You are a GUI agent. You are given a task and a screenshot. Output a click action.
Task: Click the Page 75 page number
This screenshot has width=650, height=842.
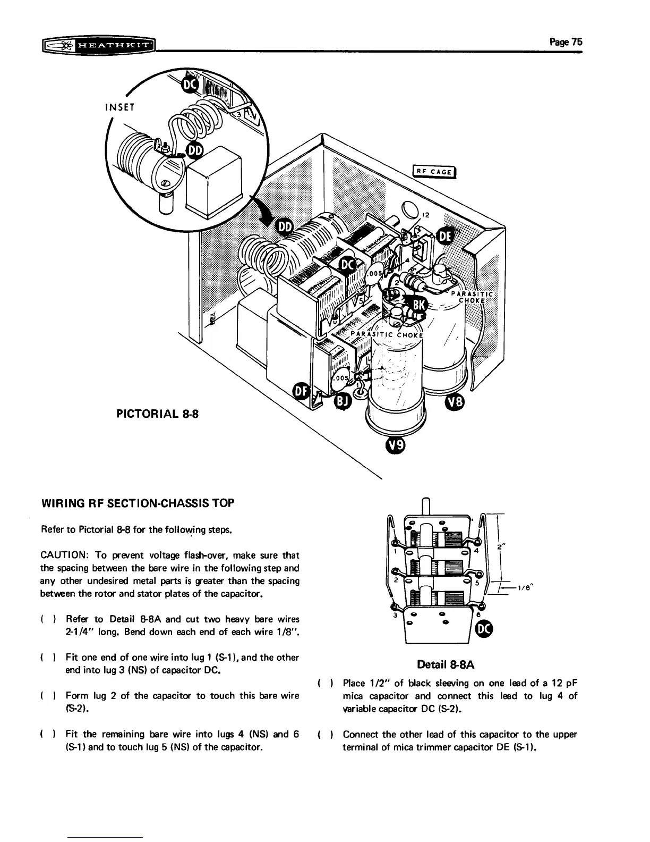pos(566,42)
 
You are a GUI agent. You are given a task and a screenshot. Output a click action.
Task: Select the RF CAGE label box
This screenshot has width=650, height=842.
pos(434,170)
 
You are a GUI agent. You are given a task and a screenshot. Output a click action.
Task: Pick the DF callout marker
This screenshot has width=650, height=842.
pos(302,392)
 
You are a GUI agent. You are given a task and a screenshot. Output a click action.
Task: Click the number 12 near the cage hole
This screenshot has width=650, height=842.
pos(424,216)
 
